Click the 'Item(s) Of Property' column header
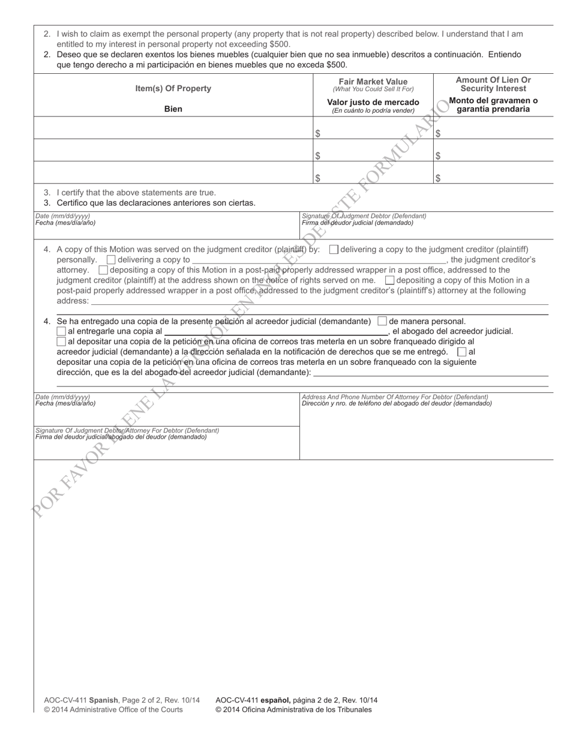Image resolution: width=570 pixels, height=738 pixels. pos(173,89)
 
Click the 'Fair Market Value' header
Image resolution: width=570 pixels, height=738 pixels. pos(373,82)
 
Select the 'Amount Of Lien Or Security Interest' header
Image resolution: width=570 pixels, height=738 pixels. pos(493,84)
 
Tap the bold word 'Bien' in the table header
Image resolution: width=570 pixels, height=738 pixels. pos(173,109)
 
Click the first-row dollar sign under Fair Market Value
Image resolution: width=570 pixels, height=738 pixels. pos(317,134)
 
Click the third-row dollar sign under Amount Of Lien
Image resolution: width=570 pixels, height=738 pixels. pos(438,178)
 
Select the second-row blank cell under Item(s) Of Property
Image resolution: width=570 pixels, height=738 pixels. pos(173,151)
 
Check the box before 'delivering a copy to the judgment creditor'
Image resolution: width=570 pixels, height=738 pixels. pos(334,250)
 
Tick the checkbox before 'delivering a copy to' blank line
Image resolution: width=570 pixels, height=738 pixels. pos(111,260)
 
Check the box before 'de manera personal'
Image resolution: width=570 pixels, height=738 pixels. pos(382,321)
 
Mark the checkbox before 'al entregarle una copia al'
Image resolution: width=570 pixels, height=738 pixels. pos(61,331)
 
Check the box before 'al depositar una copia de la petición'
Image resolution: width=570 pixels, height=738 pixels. pos(61,341)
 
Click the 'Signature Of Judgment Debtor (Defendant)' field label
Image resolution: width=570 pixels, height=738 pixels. pos(364,216)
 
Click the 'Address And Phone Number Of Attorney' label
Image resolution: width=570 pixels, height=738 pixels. pos(395,397)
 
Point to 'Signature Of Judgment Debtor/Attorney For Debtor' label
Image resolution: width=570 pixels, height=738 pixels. pos(127,431)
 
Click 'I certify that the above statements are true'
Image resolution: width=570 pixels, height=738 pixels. pos(136,193)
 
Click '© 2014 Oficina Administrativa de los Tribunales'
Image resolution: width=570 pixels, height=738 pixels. pos(293,709)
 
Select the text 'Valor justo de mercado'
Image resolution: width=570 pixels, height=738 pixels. pos(373,102)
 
